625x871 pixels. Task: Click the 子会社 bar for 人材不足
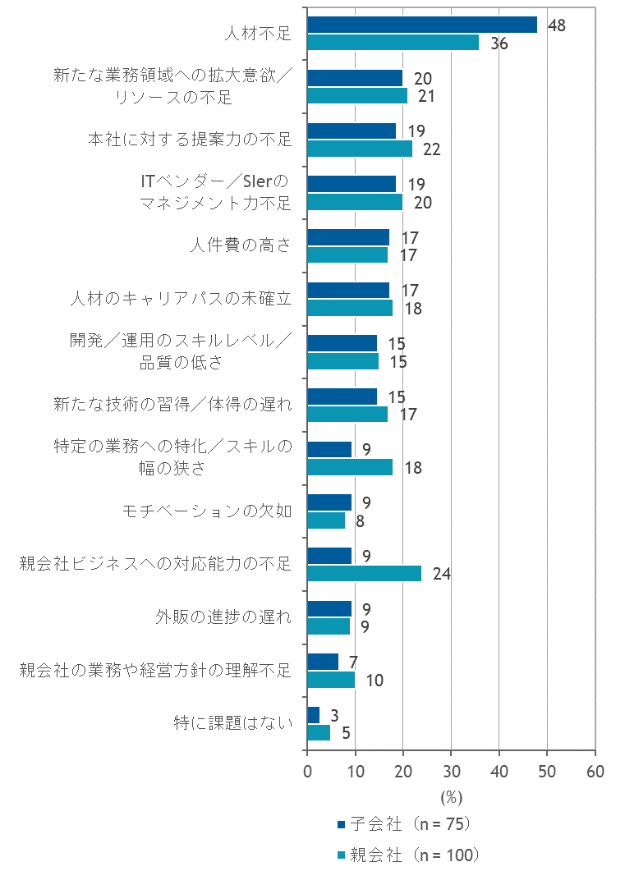(x=422, y=25)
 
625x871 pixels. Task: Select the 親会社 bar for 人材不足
(x=393, y=43)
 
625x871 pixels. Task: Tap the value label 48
(x=556, y=25)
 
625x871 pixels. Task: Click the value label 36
(x=499, y=44)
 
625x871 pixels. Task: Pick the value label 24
(x=441, y=574)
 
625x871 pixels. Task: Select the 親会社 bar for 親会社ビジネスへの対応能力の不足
(x=364, y=573)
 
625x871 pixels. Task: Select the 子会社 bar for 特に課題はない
(x=314, y=715)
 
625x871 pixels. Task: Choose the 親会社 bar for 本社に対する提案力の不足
(x=360, y=149)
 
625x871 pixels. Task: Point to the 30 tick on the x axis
(x=451, y=772)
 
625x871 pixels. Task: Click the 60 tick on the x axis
(x=595, y=772)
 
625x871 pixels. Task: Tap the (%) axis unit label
(x=451, y=797)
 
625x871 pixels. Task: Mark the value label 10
(x=374, y=681)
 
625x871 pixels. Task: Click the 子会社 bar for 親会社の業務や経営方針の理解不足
(x=323, y=662)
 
